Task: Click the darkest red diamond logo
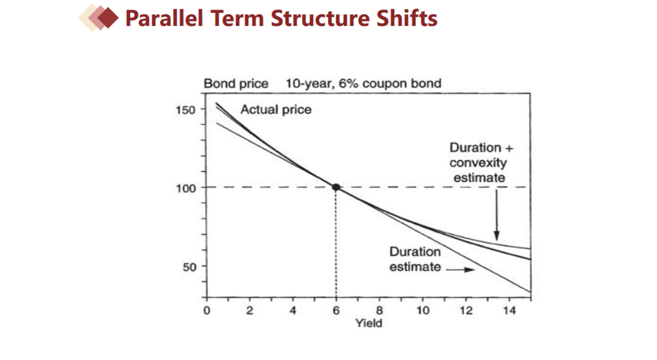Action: (x=108, y=18)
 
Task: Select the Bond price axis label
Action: (x=236, y=84)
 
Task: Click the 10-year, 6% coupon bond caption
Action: (x=363, y=84)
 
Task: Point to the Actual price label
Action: (x=276, y=109)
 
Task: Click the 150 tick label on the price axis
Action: (x=185, y=110)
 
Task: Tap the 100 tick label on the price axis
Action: (x=185, y=188)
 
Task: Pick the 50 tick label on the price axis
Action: (x=189, y=267)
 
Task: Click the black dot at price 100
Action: (x=336, y=187)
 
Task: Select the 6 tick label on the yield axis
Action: (x=336, y=311)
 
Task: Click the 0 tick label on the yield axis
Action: (x=207, y=311)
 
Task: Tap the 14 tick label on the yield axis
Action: (x=509, y=311)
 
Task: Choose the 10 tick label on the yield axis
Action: (x=423, y=311)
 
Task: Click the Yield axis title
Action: (x=369, y=323)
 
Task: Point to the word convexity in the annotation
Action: (x=478, y=163)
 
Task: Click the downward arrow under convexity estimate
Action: (x=496, y=215)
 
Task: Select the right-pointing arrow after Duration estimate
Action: (x=461, y=269)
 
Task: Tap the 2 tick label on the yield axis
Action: (x=249, y=311)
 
